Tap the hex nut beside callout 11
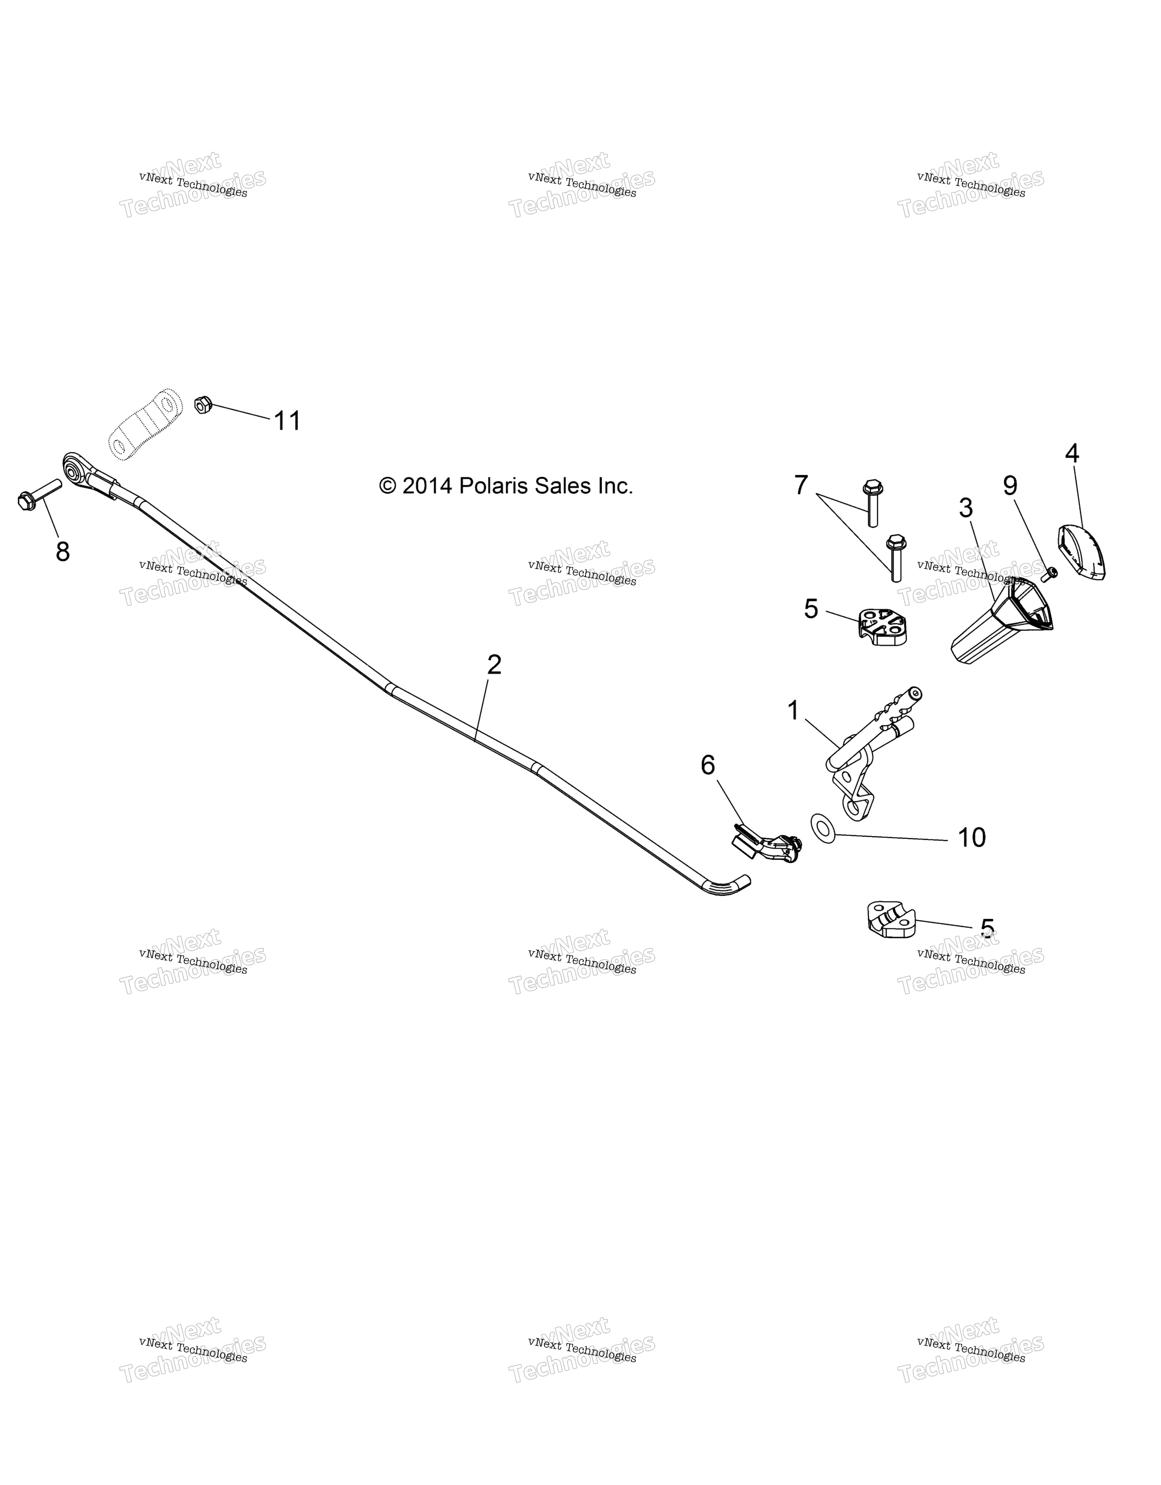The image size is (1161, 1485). [203, 405]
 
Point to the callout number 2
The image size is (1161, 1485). [494, 664]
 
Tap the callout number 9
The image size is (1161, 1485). [1010, 485]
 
